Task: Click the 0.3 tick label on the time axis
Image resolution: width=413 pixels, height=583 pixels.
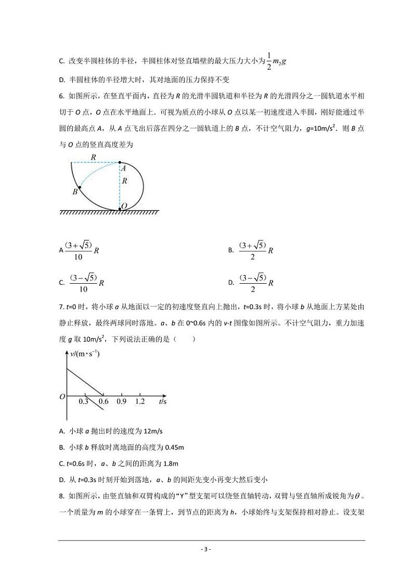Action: tap(83, 402)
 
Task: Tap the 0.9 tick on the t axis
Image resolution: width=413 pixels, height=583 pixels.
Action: tap(122, 402)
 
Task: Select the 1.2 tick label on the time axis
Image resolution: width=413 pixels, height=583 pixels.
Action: tap(140, 402)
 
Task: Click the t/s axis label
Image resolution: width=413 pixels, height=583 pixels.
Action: tap(163, 402)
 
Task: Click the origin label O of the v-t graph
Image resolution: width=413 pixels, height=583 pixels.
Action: tap(62, 397)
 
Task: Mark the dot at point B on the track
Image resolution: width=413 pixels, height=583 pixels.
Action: tap(79, 187)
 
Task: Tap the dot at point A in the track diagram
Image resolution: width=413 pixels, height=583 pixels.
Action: tap(120, 162)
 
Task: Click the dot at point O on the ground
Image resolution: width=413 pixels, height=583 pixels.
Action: tap(120, 209)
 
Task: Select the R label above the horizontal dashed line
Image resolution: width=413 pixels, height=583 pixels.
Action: tap(93, 157)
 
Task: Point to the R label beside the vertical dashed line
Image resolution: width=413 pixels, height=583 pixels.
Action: tap(125, 182)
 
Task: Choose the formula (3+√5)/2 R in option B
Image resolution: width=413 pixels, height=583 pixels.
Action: tap(256, 250)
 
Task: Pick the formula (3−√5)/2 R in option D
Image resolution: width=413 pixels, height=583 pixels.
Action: tap(256, 283)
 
